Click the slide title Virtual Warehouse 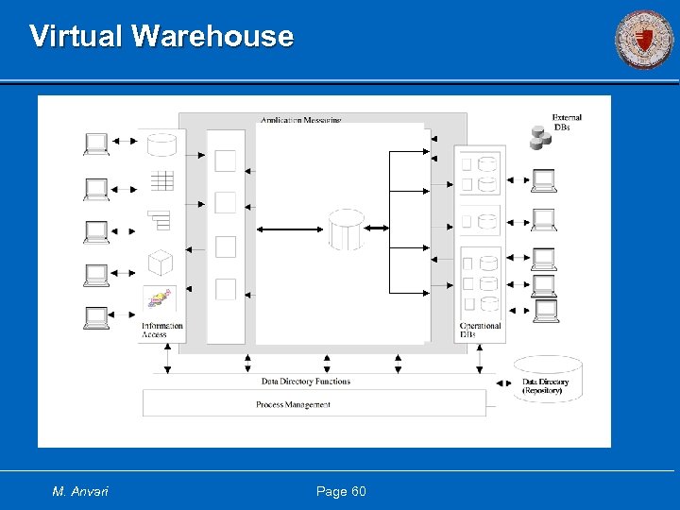click(x=161, y=36)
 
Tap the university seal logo click(x=644, y=40)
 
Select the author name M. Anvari click(x=80, y=491)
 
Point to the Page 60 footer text click(x=341, y=491)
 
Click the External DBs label click(x=567, y=123)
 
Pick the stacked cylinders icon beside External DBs click(x=540, y=139)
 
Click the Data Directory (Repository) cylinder click(x=548, y=380)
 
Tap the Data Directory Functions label click(x=305, y=382)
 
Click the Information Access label click(x=161, y=331)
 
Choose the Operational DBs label click(x=480, y=331)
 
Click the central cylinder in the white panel click(x=346, y=229)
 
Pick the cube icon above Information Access click(x=161, y=262)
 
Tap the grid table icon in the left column click(x=161, y=180)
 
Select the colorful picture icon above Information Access click(x=161, y=300)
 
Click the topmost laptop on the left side click(x=96, y=144)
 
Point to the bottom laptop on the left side click(x=96, y=318)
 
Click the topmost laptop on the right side click(x=543, y=179)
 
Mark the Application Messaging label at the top click(x=301, y=120)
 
